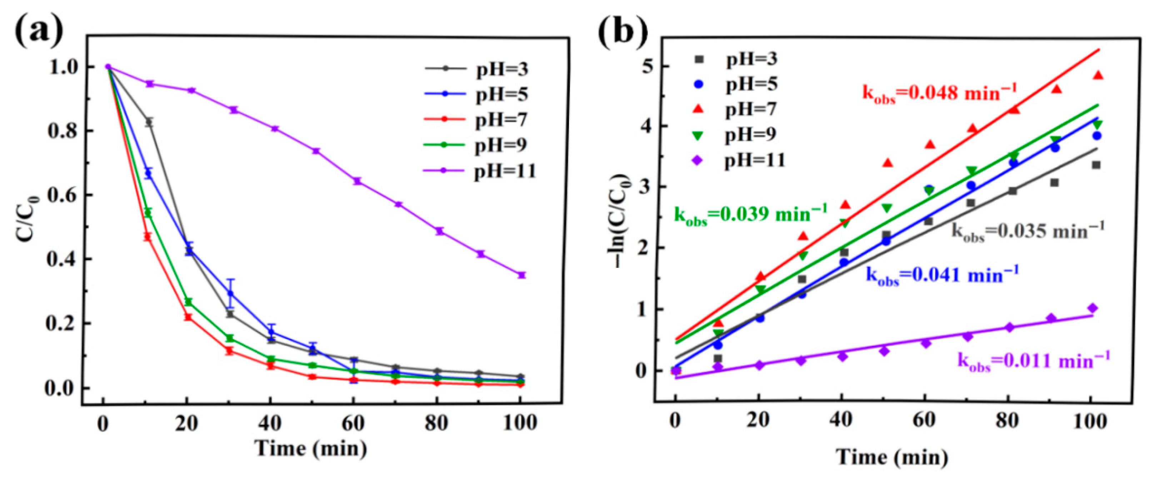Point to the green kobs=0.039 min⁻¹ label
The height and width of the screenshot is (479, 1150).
pyautogui.click(x=750, y=214)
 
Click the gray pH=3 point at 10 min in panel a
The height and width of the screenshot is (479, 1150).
pyautogui.click(x=150, y=122)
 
